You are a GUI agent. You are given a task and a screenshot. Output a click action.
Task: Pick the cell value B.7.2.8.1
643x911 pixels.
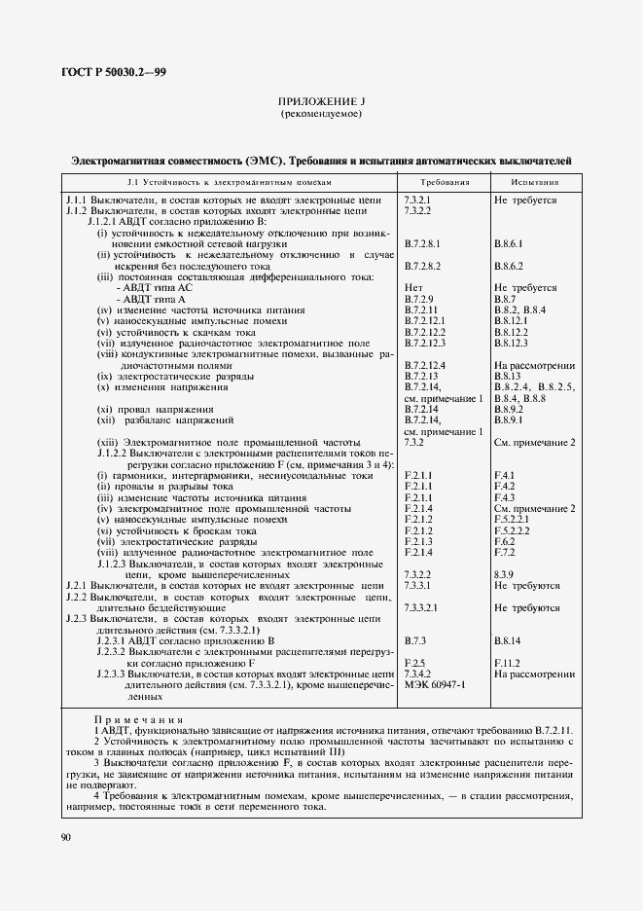point(423,243)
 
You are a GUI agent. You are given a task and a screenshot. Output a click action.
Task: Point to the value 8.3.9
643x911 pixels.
point(504,574)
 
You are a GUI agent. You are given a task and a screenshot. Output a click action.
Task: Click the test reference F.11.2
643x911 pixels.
point(507,663)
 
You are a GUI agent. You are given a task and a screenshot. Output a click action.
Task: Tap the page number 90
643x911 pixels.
point(66,837)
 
